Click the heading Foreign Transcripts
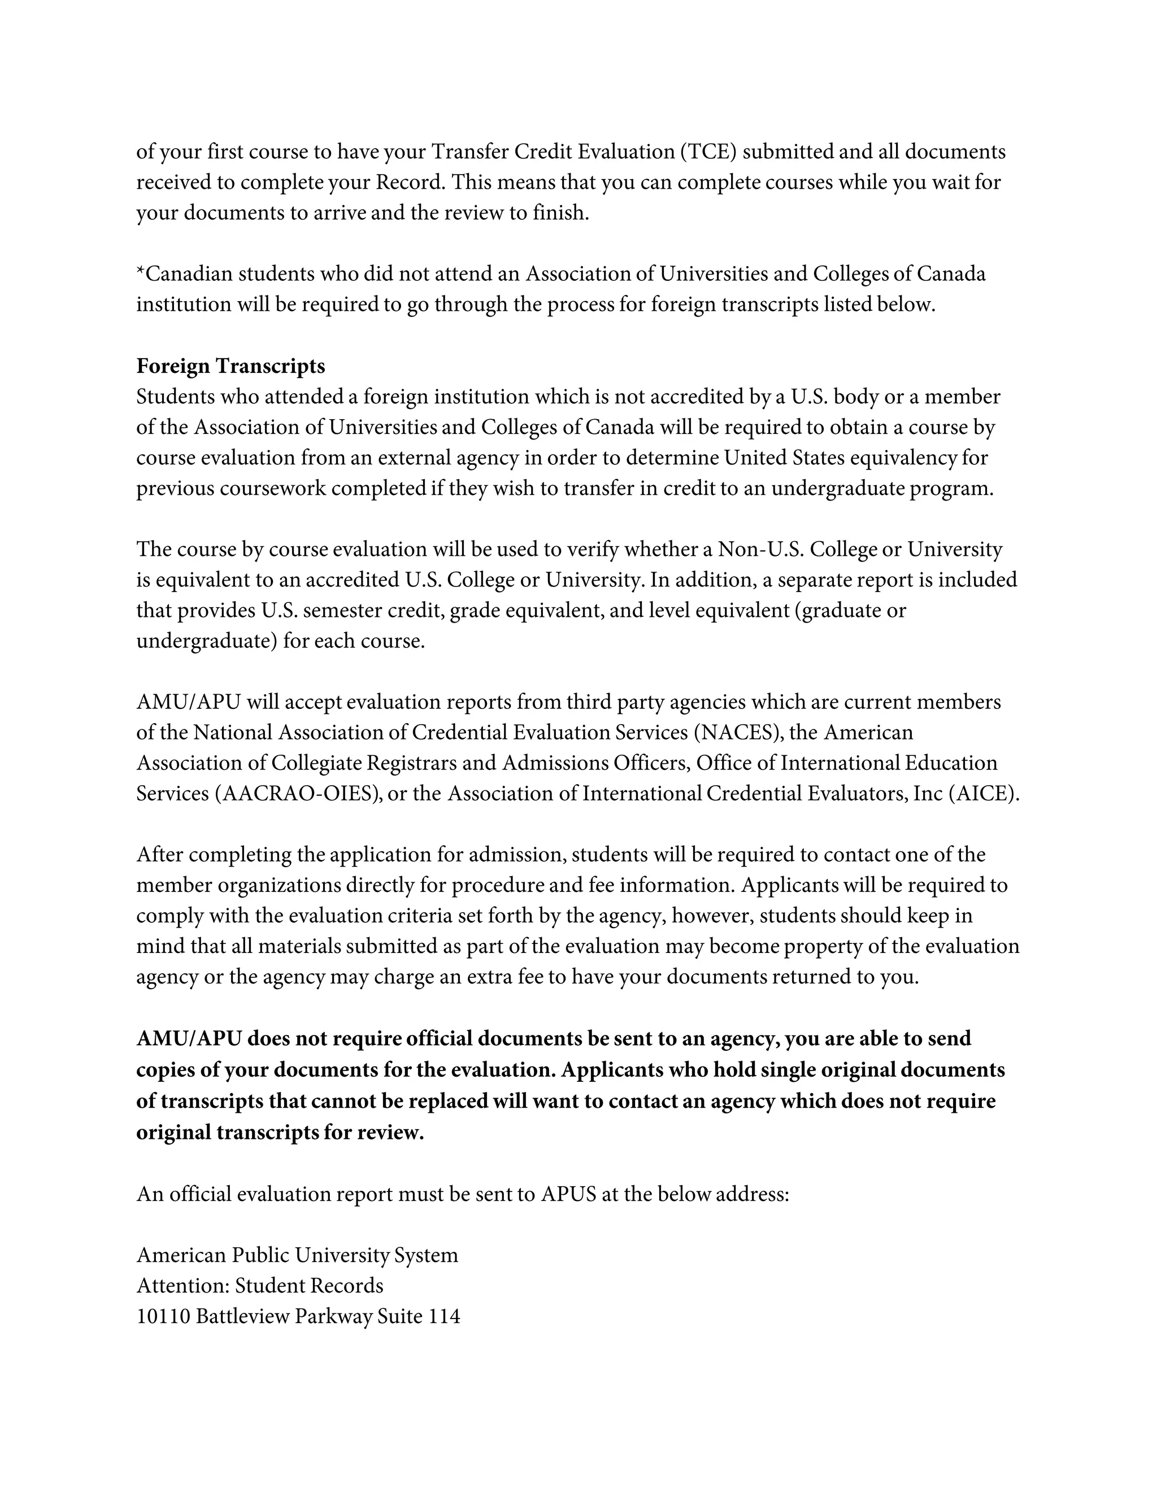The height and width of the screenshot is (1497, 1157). pyautogui.click(x=230, y=367)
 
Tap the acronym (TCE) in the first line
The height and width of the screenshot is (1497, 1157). pyautogui.click(x=708, y=152)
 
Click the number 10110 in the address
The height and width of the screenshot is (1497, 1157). pyautogui.click(x=163, y=1316)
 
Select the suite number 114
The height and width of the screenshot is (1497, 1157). pyautogui.click(x=443, y=1316)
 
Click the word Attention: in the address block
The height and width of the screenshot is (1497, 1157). pyautogui.click(x=183, y=1285)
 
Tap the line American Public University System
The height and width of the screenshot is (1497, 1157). pyautogui.click(x=297, y=1255)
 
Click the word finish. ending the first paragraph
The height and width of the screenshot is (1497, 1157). pyautogui.click(x=560, y=213)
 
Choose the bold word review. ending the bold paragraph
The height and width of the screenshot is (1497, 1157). pyautogui.click(x=391, y=1132)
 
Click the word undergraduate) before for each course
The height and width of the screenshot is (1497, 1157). pyautogui.click(x=206, y=642)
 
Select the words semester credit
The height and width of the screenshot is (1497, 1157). pyautogui.click(x=373, y=611)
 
